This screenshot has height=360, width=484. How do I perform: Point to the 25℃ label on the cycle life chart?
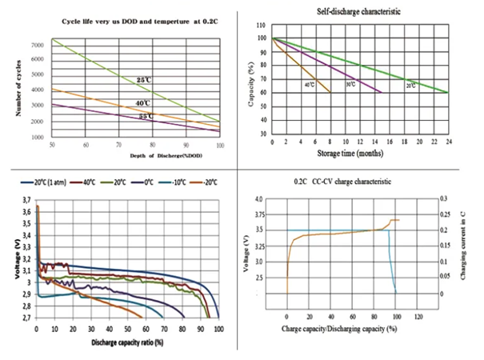click(x=142, y=81)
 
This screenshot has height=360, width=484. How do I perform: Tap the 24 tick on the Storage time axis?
click(x=449, y=142)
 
